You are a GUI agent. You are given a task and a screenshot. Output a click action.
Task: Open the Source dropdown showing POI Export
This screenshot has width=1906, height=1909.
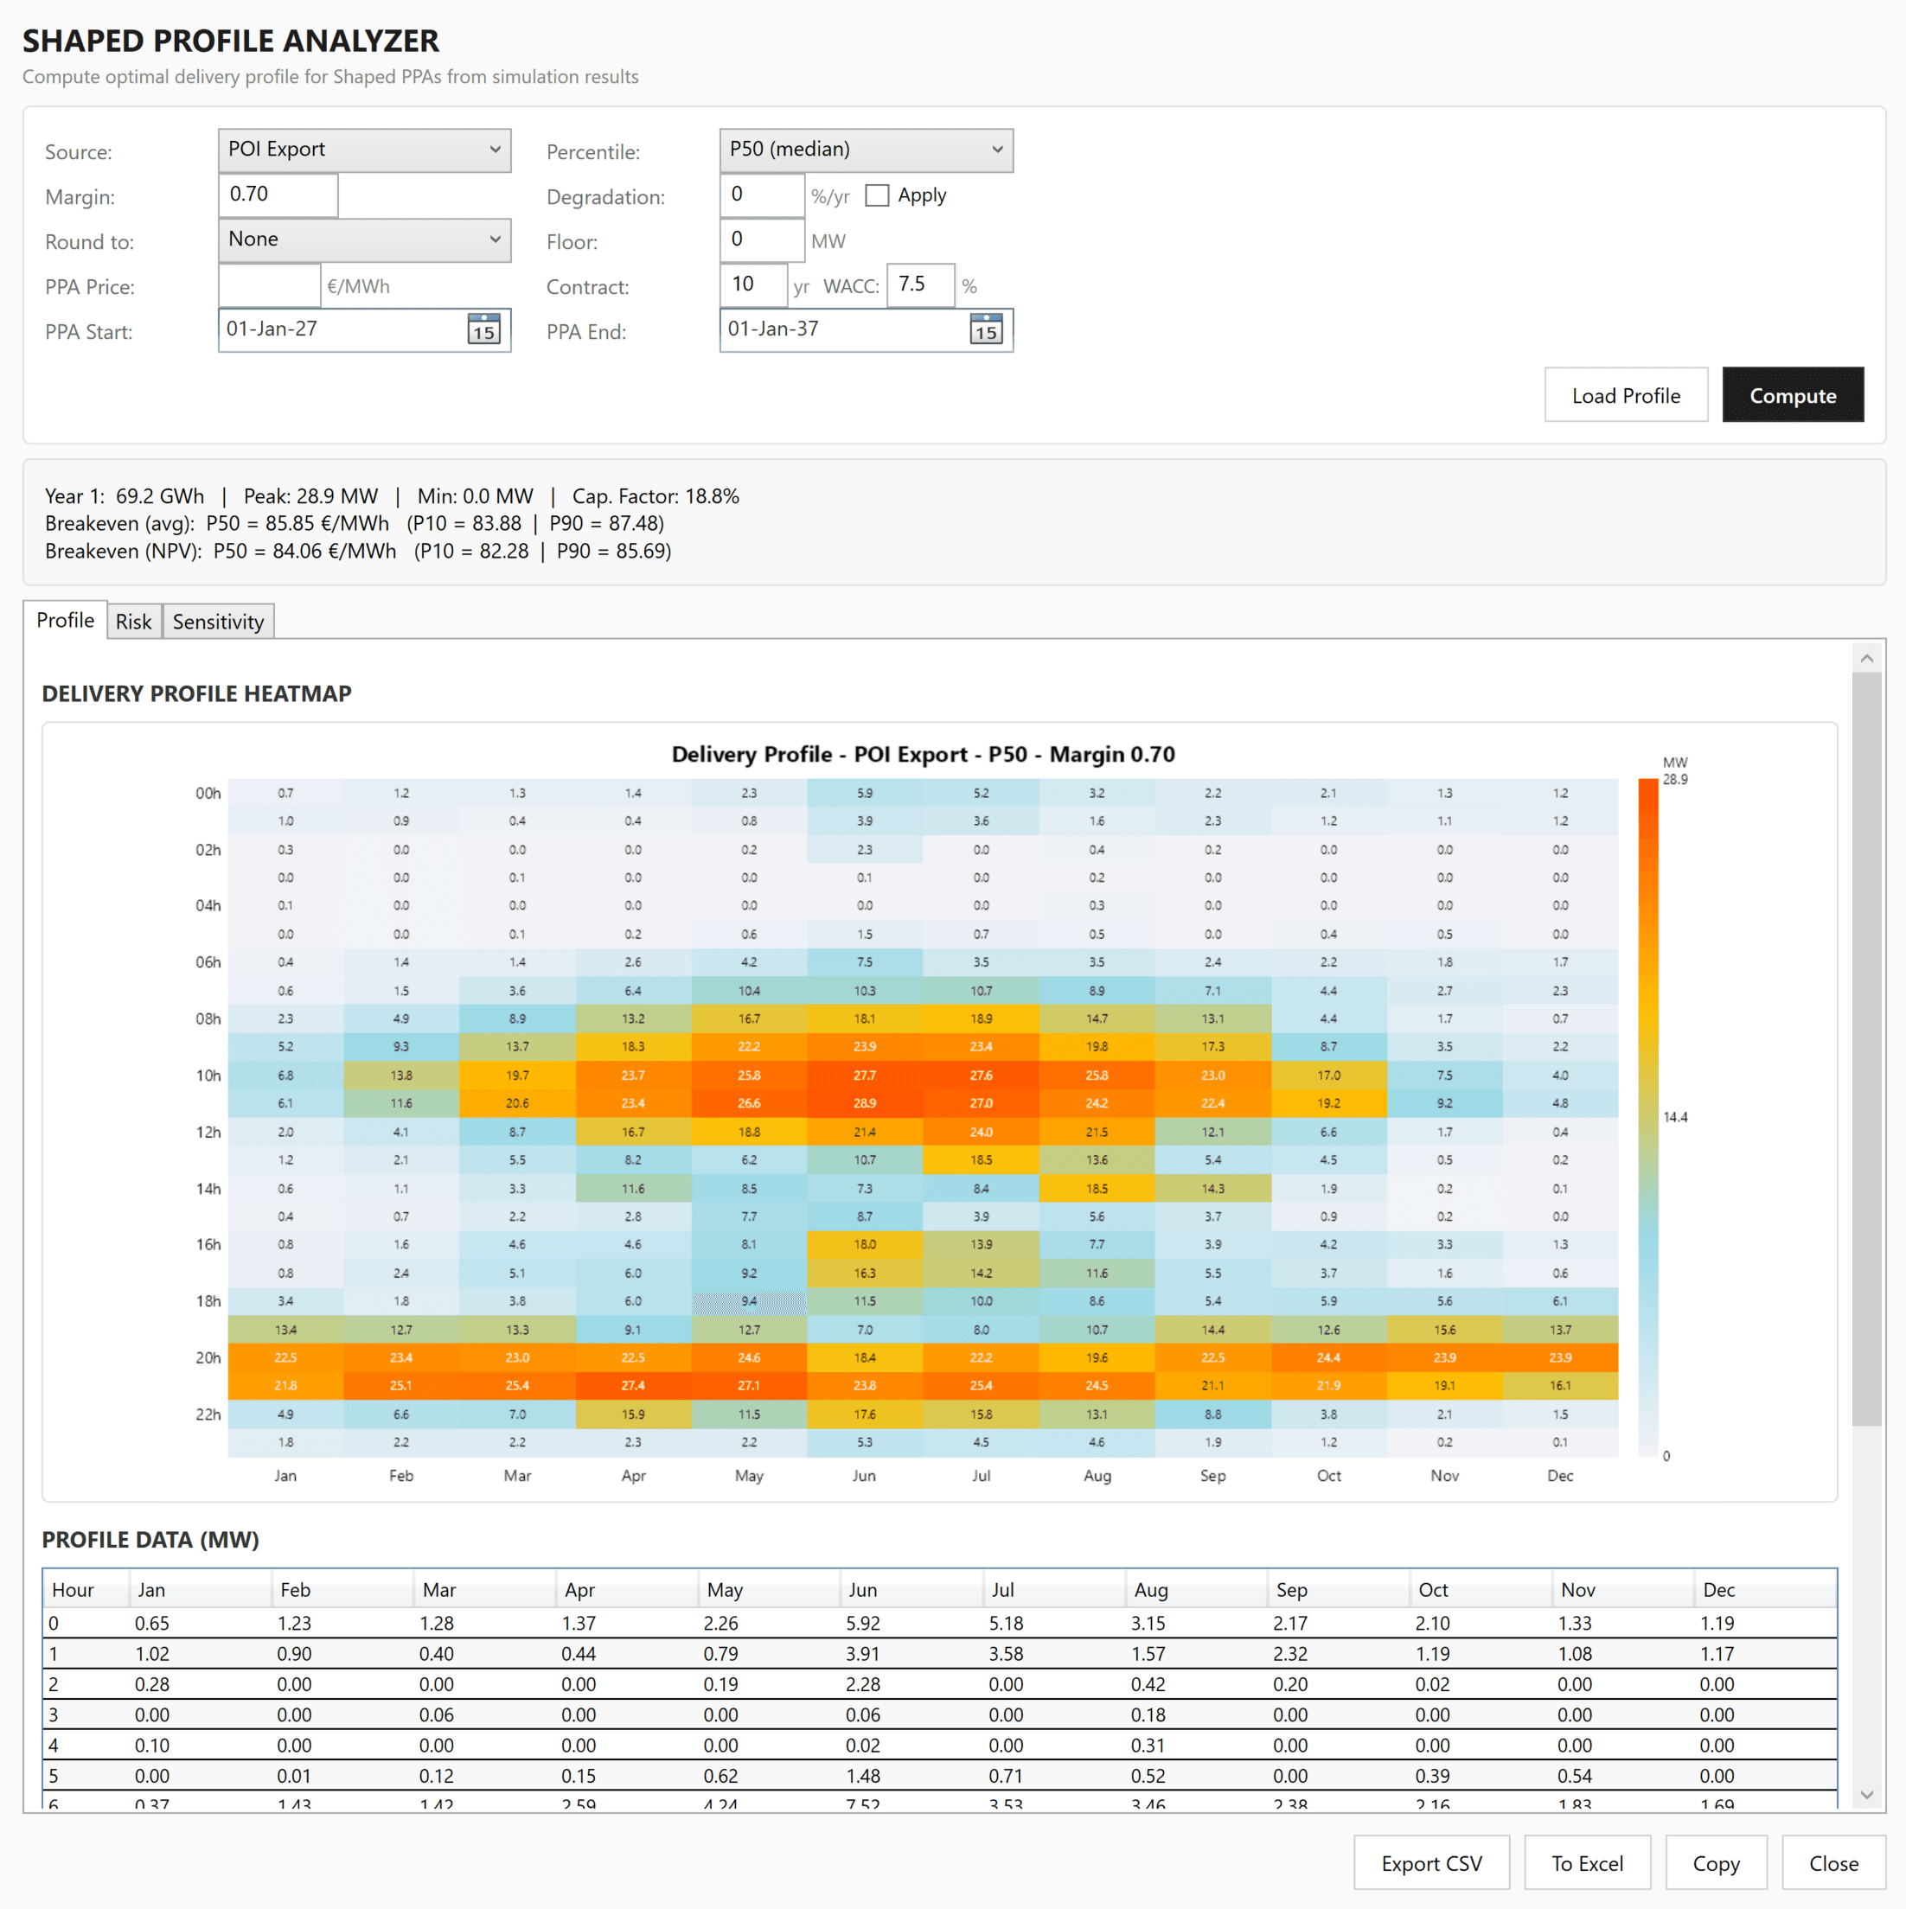click(x=363, y=150)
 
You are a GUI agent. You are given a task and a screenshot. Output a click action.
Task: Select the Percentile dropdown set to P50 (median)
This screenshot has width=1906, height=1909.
click(x=866, y=150)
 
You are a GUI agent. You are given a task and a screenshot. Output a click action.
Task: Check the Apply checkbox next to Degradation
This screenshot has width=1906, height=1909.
click(x=876, y=195)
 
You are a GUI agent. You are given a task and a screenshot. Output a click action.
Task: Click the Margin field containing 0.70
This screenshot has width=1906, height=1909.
click(x=278, y=195)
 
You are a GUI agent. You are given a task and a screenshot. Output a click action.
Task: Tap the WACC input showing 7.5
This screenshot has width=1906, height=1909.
click(x=919, y=285)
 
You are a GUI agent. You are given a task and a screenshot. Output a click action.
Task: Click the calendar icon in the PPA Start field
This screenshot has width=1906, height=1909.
click(x=483, y=329)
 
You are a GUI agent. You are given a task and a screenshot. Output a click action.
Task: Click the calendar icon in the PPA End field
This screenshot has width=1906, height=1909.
click(x=985, y=329)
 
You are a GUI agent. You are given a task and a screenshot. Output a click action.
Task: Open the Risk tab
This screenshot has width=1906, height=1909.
click(x=133, y=622)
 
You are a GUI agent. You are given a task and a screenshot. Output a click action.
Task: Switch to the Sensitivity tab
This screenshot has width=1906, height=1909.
click(x=219, y=622)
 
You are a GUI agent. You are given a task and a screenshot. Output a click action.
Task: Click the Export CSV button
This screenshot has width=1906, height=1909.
click(x=1430, y=1862)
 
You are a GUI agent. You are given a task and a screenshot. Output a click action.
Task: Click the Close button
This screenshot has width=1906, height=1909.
click(x=1832, y=1862)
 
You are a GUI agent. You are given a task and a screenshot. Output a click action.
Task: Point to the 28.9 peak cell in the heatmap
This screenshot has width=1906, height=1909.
click(x=865, y=1102)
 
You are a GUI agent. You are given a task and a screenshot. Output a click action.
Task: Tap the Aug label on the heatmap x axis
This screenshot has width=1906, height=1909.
click(x=1097, y=1475)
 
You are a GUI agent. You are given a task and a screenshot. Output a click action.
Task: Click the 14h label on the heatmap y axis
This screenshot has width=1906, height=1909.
click(x=208, y=1189)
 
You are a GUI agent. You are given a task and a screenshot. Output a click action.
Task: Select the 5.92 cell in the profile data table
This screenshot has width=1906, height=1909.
click(x=862, y=1624)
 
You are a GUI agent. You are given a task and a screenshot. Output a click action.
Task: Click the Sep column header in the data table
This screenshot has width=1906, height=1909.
click(x=1291, y=1590)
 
